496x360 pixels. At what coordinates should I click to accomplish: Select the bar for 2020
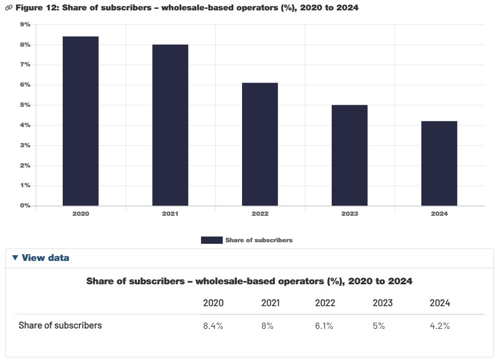80,121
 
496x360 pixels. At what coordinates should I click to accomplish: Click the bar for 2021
170,125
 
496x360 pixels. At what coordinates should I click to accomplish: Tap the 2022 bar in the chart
260,144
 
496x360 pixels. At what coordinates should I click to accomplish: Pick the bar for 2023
349,155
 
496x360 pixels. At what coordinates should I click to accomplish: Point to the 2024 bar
439,163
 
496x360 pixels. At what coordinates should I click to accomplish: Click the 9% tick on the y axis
25,24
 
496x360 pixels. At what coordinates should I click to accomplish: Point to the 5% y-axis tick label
25,105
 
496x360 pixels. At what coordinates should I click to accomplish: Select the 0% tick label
25,205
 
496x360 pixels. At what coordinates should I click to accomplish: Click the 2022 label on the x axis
260,214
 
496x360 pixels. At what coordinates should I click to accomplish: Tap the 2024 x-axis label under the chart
439,214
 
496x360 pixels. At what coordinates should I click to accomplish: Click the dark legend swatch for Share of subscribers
211,240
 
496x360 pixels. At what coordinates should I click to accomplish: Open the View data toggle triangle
15,258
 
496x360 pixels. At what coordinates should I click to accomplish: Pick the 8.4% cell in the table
213,326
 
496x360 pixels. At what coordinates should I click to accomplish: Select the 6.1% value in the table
325,326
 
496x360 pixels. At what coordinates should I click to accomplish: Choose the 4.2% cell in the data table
440,326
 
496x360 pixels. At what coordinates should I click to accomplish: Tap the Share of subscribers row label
60,326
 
